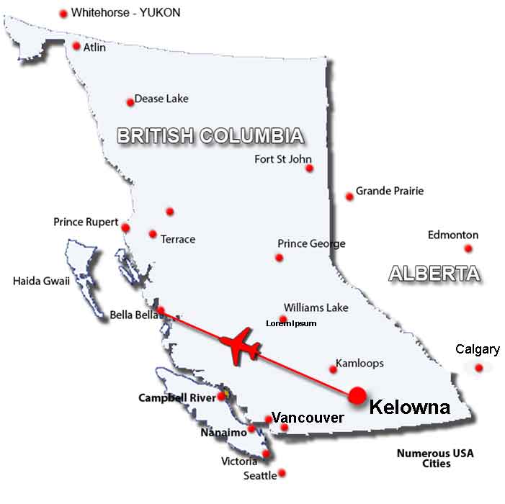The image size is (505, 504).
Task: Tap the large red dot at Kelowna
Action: (x=357, y=396)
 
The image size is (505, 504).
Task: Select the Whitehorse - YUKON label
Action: (x=125, y=12)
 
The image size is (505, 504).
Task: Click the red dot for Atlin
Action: (x=76, y=46)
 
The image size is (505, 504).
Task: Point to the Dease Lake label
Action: (x=162, y=99)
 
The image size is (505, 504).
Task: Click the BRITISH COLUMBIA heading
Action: (x=210, y=136)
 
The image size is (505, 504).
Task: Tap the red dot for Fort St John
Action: (x=309, y=168)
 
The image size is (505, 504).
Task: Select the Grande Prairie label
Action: (x=390, y=191)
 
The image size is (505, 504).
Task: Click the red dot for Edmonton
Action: (x=468, y=248)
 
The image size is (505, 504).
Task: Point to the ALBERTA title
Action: (x=434, y=274)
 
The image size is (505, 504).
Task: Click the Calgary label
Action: (x=478, y=350)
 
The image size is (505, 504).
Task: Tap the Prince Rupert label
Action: (x=86, y=222)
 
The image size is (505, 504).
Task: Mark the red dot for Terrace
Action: (x=153, y=234)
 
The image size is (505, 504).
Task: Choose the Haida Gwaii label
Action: (x=41, y=281)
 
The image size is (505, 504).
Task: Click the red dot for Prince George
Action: (x=280, y=258)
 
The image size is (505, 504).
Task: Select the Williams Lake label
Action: (x=316, y=307)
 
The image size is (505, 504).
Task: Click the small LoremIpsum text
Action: (x=291, y=324)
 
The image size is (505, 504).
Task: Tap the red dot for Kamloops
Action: (x=333, y=369)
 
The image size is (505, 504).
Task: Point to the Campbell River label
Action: (x=176, y=397)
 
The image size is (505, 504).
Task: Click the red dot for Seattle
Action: (x=282, y=473)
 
